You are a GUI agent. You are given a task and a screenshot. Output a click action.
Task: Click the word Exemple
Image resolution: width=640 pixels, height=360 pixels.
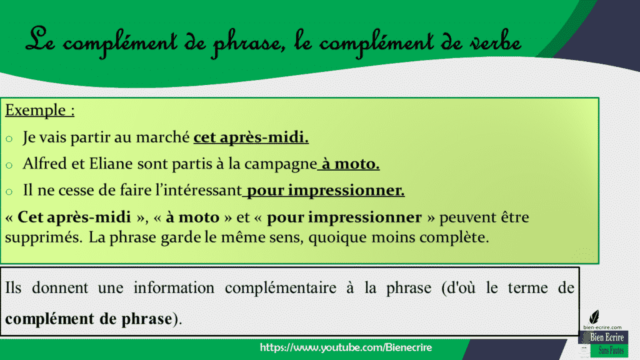pos(35,111)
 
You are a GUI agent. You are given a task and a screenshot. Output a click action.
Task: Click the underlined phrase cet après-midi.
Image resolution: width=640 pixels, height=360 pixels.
pos(251,137)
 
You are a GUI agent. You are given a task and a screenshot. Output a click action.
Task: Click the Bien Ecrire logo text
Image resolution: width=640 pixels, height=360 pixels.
pos(606,338)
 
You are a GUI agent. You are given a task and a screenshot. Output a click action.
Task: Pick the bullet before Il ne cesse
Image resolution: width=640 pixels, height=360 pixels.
pos(9,192)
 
